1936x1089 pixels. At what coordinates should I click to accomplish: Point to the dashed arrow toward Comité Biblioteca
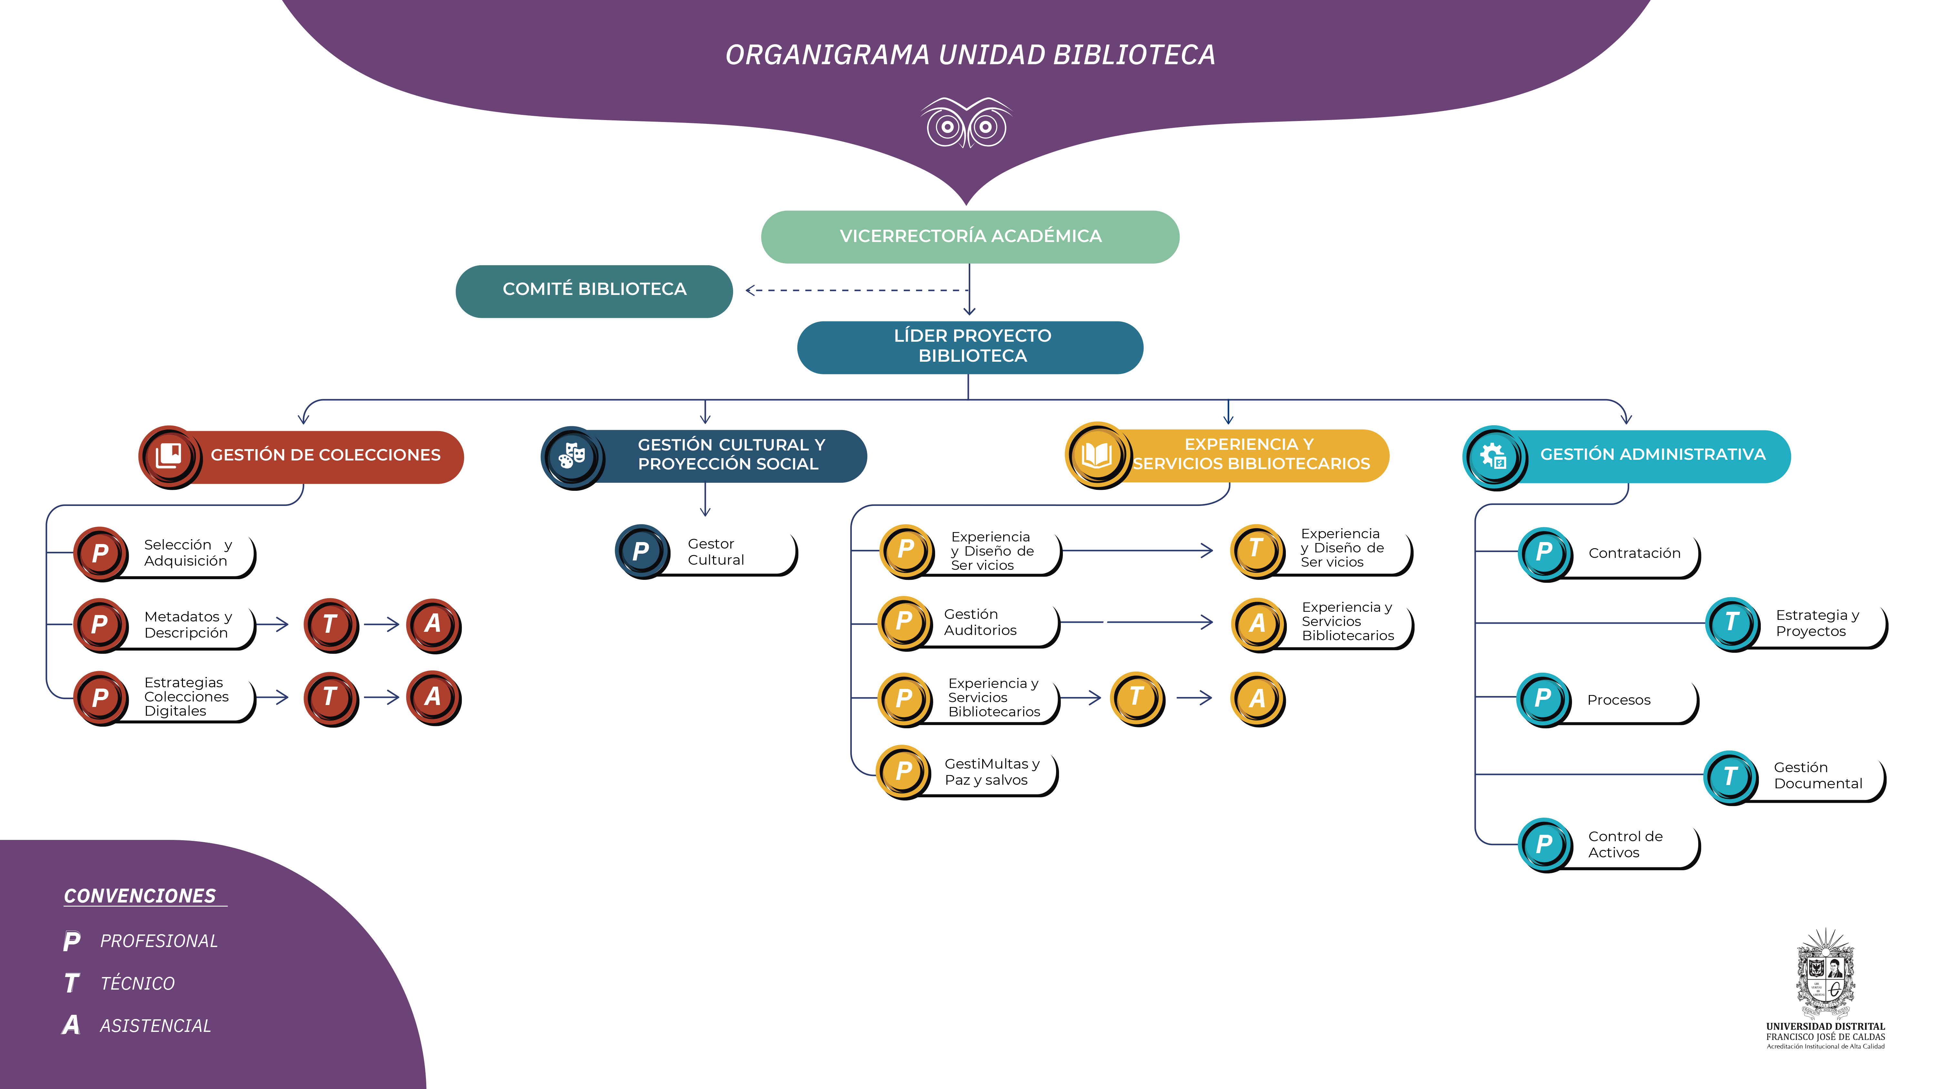tap(857, 290)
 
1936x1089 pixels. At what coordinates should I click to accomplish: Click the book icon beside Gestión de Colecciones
tap(169, 455)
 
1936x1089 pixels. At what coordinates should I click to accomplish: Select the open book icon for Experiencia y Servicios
tap(1097, 455)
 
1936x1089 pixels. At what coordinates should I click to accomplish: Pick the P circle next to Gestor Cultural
tap(641, 551)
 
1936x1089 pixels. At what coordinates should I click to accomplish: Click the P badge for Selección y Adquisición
tap(100, 553)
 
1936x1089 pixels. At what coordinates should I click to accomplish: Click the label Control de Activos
tap(1625, 844)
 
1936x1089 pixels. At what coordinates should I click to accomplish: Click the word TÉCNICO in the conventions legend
tap(137, 984)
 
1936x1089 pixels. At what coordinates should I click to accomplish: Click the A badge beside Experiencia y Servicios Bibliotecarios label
tap(1257, 624)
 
